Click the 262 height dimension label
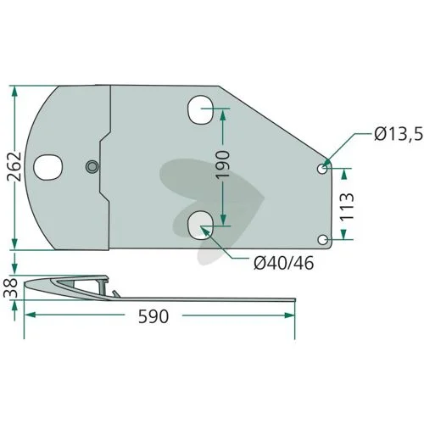pyautogui.click(x=14, y=166)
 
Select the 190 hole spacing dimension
pyautogui.click(x=222, y=164)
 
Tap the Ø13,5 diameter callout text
pyautogui.click(x=399, y=134)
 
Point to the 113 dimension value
pyautogui.click(x=347, y=207)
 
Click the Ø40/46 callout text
pyautogui.click(x=284, y=263)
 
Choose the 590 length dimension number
pyautogui.click(x=153, y=316)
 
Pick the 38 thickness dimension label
pyautogui.click(x=10, y=288)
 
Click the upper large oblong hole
pyautogui.click(x=200, y=109)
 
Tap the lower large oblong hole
pyautogui.click(x=200, y=225)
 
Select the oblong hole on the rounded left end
pyautogui.click(x=47, y=167)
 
